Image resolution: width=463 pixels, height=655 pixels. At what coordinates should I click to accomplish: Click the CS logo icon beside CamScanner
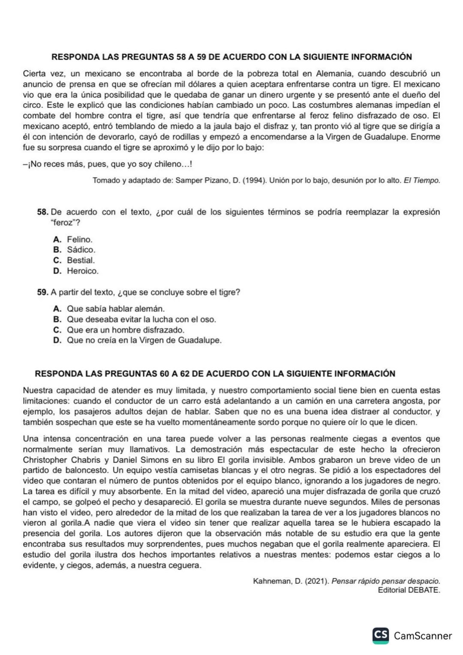381,635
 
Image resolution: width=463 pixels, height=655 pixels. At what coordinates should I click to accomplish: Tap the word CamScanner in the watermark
423,636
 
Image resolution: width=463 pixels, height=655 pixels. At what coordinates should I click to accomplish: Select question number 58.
42,212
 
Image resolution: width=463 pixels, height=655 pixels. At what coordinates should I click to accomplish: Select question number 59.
42,292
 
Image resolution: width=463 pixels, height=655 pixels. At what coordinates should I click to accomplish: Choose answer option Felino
79,239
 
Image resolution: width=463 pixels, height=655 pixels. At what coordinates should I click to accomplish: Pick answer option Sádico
81,249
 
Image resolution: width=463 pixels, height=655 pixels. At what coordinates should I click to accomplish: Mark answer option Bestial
81,260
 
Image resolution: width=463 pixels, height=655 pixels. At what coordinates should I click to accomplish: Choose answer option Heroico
82,271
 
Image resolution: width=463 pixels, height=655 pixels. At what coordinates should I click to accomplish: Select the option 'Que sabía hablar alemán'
115,309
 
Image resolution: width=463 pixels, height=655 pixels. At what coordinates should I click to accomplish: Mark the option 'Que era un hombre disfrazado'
125,330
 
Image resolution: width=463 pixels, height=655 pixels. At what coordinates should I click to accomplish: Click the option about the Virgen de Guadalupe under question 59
144,340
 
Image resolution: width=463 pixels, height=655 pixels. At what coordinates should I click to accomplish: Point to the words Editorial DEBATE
409,590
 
